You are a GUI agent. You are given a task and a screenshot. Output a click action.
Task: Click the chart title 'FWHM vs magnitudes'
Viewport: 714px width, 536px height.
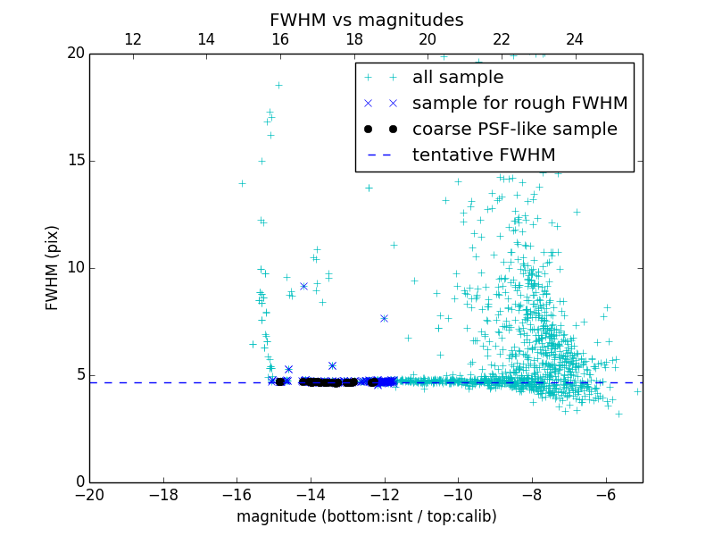click(366, 20)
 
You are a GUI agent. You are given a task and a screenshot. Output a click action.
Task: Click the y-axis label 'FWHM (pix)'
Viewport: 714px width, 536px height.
click(53, 267)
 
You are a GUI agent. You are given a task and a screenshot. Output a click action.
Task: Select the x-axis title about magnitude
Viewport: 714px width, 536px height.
click(366, 516)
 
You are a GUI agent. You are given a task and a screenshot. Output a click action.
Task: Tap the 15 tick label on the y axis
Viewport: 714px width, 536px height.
click(74, 161)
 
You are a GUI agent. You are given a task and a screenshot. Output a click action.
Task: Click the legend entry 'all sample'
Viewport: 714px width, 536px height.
click(458, 78)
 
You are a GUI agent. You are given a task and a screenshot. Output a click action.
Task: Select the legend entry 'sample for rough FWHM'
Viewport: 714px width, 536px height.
click(519, 104)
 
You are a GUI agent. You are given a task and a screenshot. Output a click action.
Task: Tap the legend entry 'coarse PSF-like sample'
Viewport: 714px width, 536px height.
click(514, 130)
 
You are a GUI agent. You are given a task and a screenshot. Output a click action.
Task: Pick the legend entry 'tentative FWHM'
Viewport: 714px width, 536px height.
click(483, 155)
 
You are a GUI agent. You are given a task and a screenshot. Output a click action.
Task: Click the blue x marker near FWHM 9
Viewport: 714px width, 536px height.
click(303, 286)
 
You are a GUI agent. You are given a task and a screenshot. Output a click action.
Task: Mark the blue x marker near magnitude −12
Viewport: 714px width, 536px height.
click(384, 318)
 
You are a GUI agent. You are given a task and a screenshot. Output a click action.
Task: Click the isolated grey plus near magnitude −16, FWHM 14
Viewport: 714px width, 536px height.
click(242, 183)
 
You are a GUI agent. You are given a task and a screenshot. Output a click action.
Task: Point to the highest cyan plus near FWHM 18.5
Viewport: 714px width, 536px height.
click(278, 85)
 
